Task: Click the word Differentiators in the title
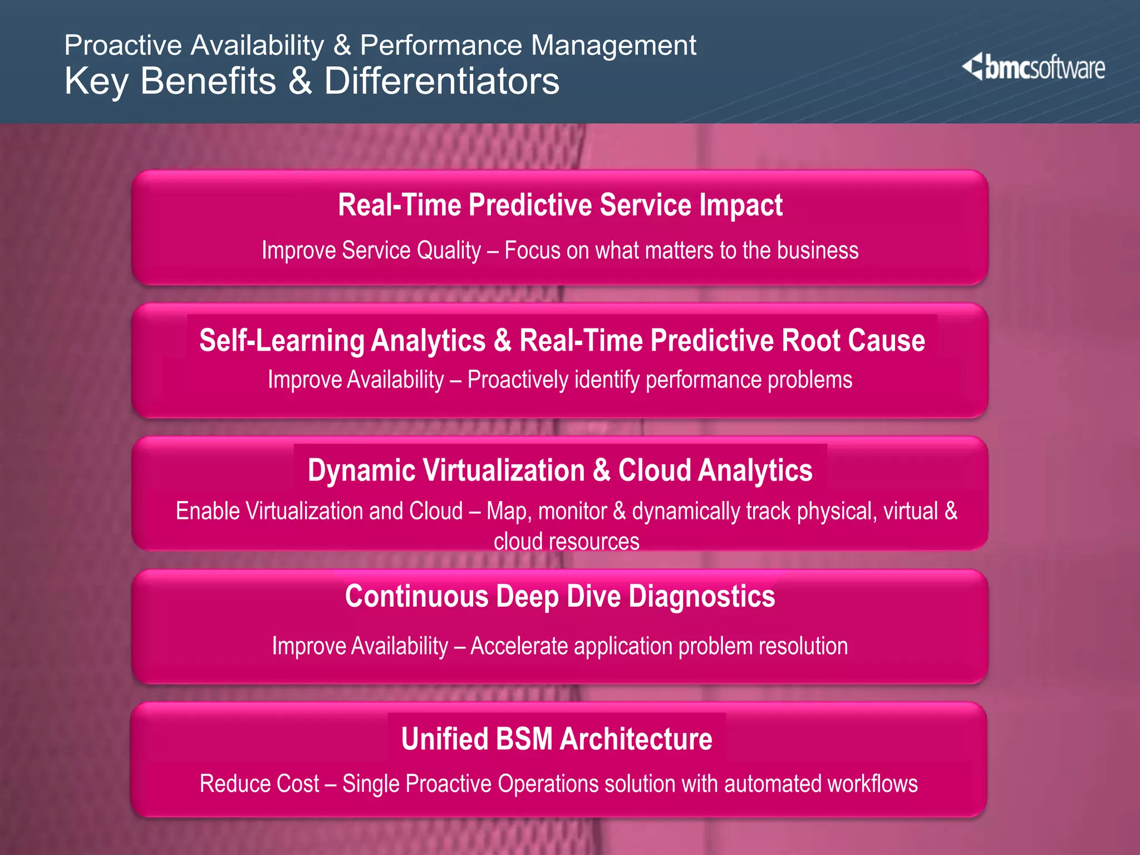coord(441,81)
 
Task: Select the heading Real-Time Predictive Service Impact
coord(560,205)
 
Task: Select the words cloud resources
coord(567,541)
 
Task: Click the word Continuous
coord(416,596)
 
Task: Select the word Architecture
coord(636,739)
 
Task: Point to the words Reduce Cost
coord(259,784)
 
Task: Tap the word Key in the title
coord(96,81)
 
